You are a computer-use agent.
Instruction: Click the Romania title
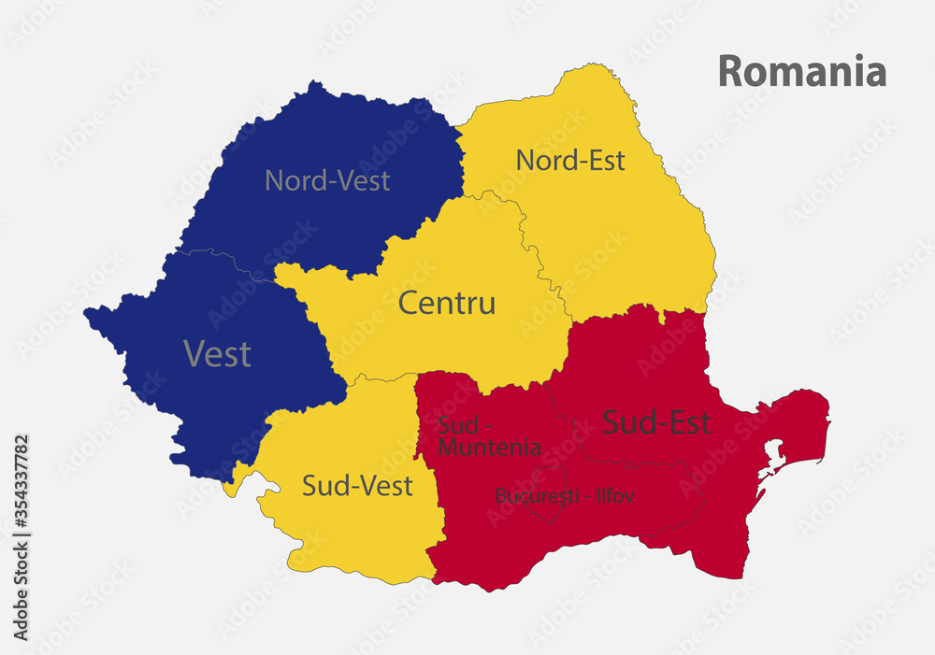(802, 71)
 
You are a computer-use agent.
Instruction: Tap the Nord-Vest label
(327, 179)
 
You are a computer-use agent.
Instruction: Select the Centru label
(447, 303)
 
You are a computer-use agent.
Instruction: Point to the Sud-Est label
(656, 422)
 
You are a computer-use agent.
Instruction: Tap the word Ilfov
(612, 496)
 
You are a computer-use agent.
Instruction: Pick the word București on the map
(538, 496)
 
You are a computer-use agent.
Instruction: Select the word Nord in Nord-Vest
(293, 179)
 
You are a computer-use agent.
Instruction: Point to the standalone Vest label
(217, 353)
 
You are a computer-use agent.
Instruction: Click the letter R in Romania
(729, 72)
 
